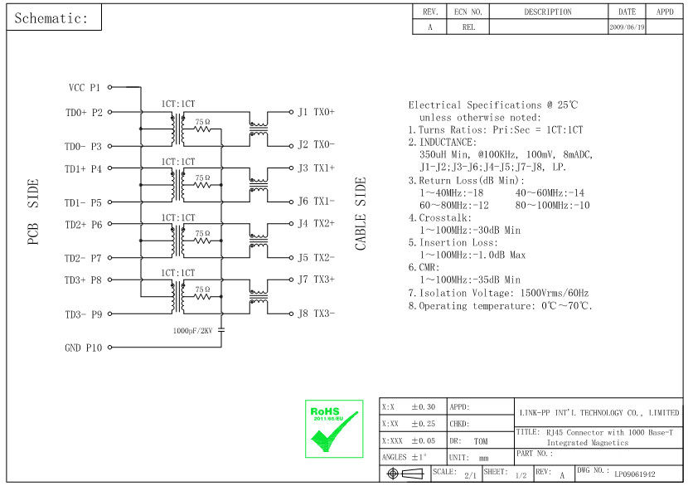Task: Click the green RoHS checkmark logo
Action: point(334,428)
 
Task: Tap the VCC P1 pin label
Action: point(84,87)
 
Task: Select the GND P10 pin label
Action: point(83,348)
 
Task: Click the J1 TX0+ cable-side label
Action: point(316,111)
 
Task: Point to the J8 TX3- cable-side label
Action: point(316,313)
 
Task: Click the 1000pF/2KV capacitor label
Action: point(192,330)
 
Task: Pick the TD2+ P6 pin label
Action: point(83,225)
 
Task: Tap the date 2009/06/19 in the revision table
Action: point(627,27)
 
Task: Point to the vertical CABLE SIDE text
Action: point(361,214)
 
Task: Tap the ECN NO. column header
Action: point(468,12)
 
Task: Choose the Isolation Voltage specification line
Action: point(497,294)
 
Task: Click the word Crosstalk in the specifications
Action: point(448,218)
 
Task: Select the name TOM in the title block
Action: point(480,441)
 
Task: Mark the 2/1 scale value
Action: point(470,475)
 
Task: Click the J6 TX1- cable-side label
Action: point(316,202)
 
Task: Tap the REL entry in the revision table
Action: point(468,27)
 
